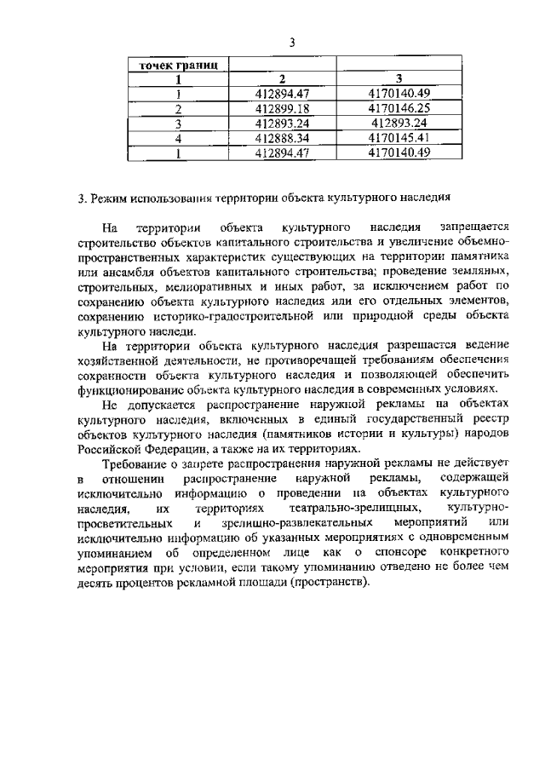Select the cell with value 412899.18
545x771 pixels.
[x=288, y=108]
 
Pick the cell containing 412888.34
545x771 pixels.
[x=288, y=137]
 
